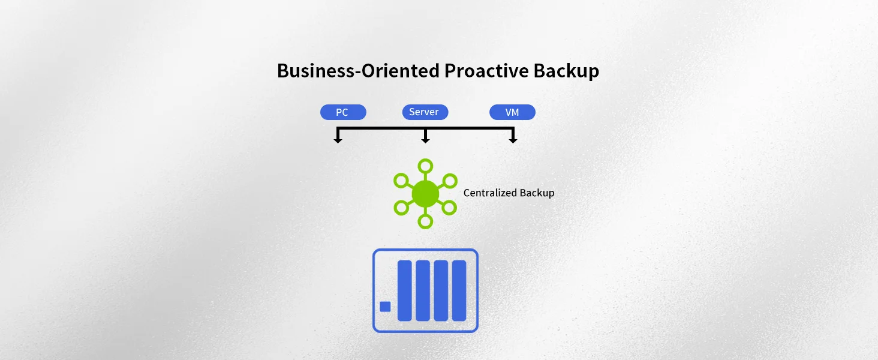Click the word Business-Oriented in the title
358,71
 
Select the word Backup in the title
566,71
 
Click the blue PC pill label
342,112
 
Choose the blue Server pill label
425,112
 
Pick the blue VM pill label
512,112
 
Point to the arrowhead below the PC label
338,140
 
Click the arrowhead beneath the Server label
425,140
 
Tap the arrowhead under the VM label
513,140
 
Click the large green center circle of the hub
425,194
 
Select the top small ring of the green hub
425,166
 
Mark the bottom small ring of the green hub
425,221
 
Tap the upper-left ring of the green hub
401,180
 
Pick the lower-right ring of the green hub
450,208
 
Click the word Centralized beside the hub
489,193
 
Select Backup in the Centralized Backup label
537,193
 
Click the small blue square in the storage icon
386,307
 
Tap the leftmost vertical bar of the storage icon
405,290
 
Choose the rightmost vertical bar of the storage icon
459,290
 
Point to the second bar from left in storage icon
423,290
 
